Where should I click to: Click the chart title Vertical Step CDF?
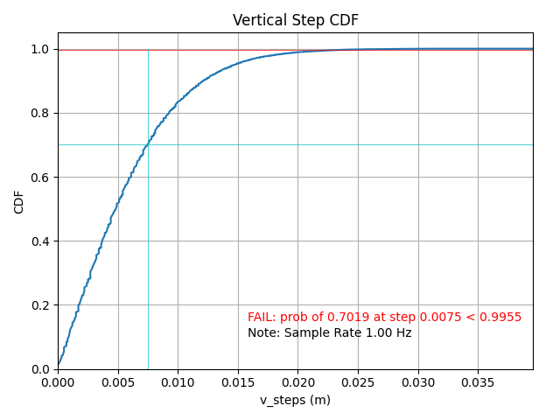tap(295, 20)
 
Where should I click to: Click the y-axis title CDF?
tap(19, 201)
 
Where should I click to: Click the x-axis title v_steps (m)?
tap(295, 400)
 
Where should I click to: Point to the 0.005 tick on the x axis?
tap(118, 382)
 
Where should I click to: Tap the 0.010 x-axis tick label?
tap(178, 382)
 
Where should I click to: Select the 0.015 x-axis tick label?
tap(238, 382)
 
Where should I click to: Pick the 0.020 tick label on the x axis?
tap(297, 382)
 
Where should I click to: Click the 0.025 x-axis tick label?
tap(358, 382)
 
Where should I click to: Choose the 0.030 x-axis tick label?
tap(417, 382)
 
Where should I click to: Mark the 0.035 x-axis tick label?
tap(478, 382)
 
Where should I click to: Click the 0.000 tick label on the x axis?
tap(58, 382)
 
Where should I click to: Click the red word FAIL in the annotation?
tap(261, 317)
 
